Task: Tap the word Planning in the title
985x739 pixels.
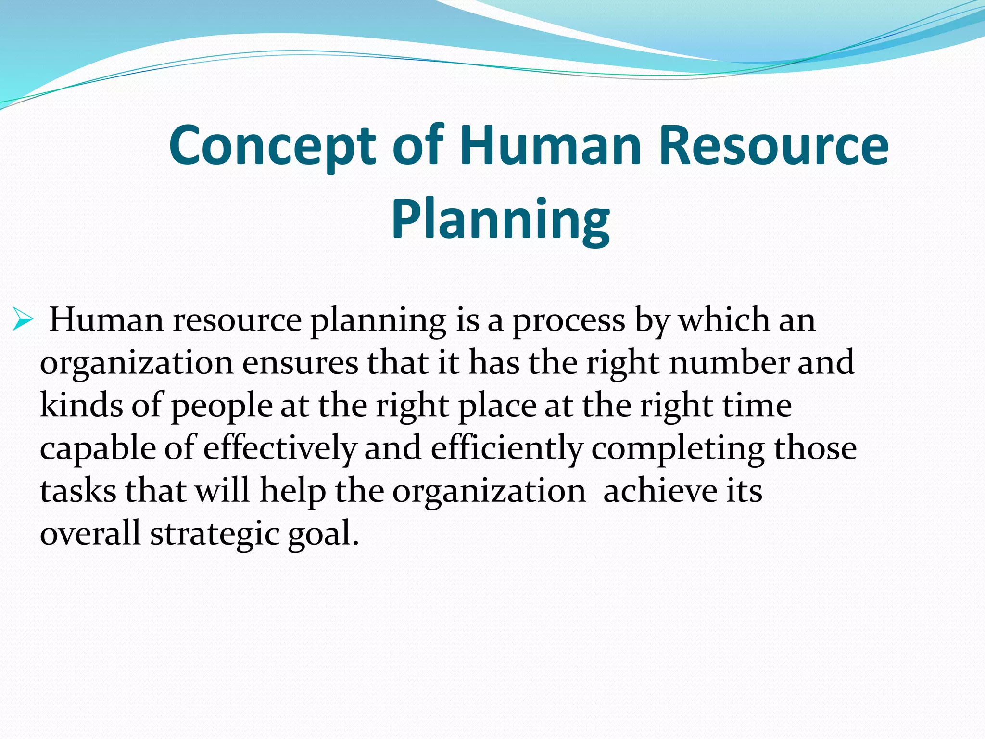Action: click(500, 220)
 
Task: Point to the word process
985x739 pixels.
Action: click(568, 320)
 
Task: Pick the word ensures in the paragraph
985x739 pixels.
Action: click(300, 363)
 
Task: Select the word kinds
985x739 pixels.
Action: click(81, 405)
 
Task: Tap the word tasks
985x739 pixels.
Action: click(78, 492)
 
